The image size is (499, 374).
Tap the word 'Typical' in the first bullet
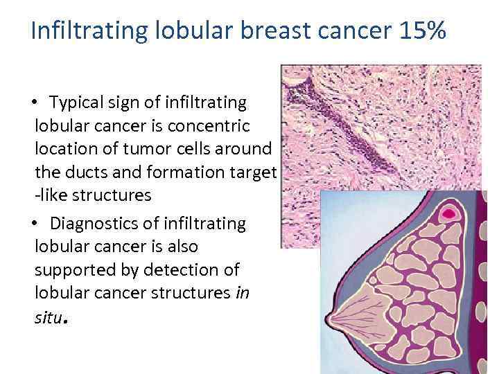coord(78,103)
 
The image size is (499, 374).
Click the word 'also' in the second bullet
coord(183,247)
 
